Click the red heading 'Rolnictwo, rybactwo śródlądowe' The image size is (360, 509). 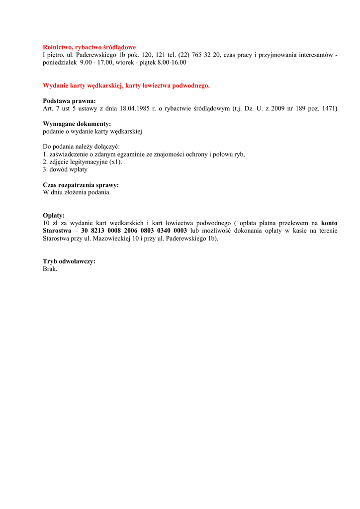pos(89,47)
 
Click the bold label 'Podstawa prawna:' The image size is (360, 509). pos(69,100)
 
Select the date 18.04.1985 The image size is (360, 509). pos(135,108)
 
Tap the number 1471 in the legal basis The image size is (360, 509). pos(328,108)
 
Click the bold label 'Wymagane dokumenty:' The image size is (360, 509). pos(77,123)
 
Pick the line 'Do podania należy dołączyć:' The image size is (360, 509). pos(78,147)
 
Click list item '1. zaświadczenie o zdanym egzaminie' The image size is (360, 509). pos(144,154)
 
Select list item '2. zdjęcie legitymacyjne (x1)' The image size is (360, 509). pos(83,162)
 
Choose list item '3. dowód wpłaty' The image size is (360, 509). pos(65,169)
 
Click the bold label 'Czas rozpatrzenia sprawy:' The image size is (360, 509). pos(81,185)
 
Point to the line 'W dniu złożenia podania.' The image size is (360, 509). pos(77,192)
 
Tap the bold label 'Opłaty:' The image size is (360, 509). pos(54,215)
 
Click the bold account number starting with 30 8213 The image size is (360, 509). pos(134,231)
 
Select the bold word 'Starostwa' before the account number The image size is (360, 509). pos(57,231)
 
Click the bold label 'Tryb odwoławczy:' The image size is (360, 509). pos(69,261)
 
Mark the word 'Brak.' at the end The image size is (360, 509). pos(50,268)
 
